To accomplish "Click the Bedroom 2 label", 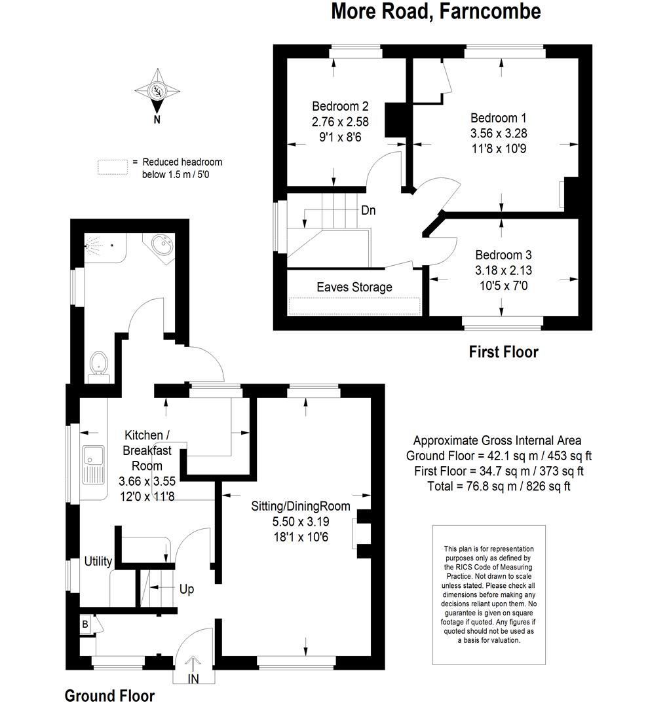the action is [340, 107].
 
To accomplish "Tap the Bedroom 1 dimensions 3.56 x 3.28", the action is [499, 134].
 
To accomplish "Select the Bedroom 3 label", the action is [504, 255].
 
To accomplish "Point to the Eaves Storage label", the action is [354, 287].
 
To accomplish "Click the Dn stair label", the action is [368, 211].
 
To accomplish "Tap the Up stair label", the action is [187, 589].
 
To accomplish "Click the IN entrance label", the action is [193, 679].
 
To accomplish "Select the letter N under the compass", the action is [157, 120].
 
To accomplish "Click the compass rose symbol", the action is [157, 90].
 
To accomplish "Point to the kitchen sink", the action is [94, 464].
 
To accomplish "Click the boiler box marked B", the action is [85, 625].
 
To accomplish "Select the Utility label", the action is [98, 562].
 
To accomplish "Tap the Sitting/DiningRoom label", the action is [301, 506].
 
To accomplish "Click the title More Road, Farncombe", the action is [436, 11].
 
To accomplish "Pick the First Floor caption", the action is [504, 352].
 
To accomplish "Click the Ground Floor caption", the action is [109, 696].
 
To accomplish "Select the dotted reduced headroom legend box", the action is [113, 167].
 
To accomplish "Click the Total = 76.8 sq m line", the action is [499, 486].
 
